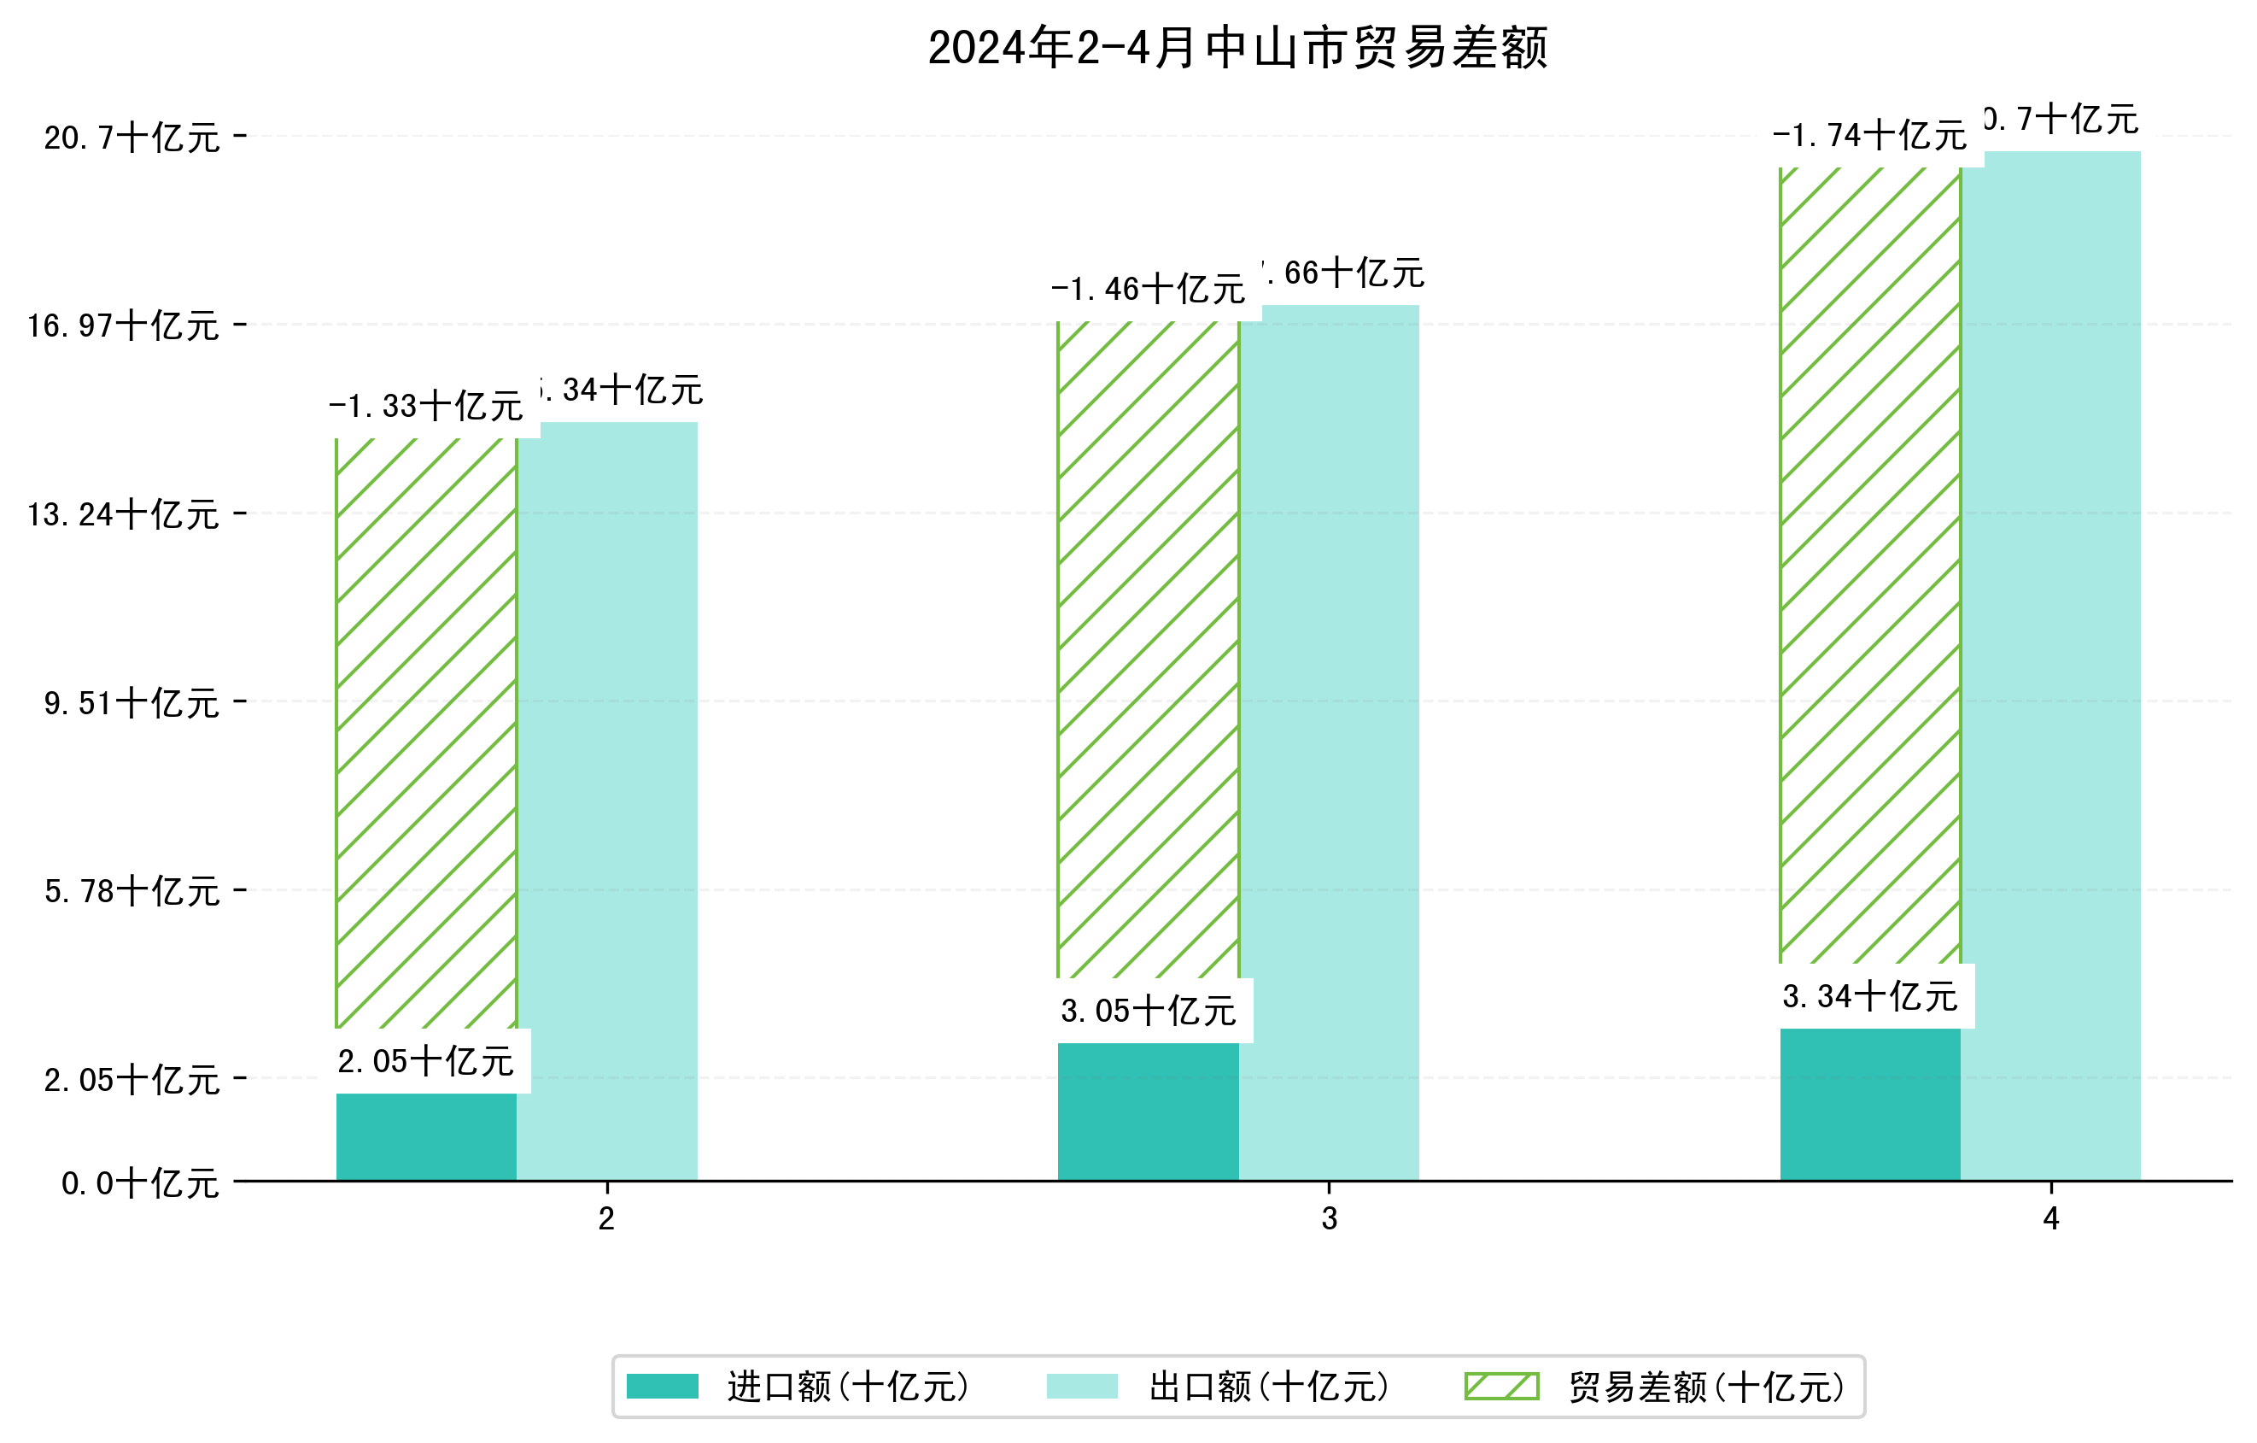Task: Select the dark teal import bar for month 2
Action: click(425, 1136)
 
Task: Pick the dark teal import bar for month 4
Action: click(1870, 1105)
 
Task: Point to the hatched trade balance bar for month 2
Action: click(425, 731)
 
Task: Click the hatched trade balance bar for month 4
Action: click(1870, 562)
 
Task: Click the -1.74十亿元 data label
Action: click(1869, 136)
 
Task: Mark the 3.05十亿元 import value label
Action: click(1149, 1011)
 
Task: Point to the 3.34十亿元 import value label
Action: click(1870, 996)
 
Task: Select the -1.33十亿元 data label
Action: click(425, 406)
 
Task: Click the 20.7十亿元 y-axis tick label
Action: click(132, 138)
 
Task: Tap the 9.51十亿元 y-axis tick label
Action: click(132, 703)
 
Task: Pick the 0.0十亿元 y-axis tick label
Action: click(140, 1183)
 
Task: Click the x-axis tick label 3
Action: click(1329, 1219)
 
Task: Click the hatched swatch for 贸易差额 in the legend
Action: click(1501, 1386)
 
